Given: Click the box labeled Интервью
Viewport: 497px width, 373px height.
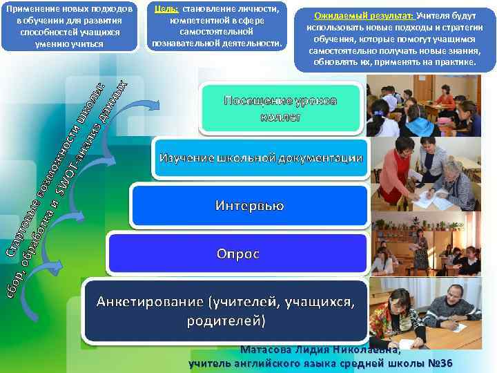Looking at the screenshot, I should click(249, 205).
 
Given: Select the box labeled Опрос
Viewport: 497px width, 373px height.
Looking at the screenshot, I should click(237, 254).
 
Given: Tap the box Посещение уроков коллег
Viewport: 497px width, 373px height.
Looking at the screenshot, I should click(280, 108).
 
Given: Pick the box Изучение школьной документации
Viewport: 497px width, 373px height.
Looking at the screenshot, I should click(261, 158).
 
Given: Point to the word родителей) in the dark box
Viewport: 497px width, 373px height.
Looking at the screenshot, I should click(226, 321).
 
